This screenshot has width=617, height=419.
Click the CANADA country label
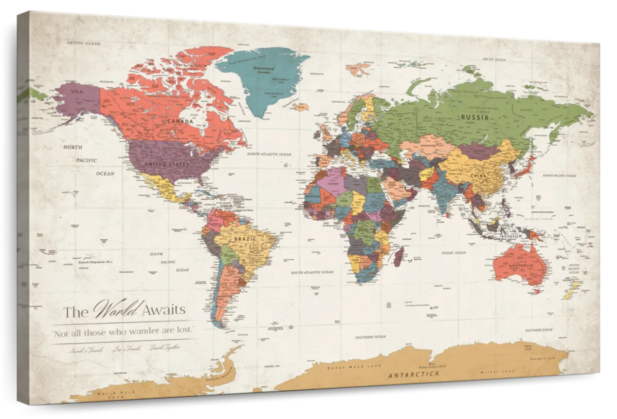pyautogui.click(x=180, y=122)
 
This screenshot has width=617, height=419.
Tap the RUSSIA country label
pyautogui.click(x=474, y=117)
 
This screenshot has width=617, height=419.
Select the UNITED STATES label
pyautogui.click(x=166, y=164)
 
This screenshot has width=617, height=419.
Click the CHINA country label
pyautogui.click(x=478, y=176)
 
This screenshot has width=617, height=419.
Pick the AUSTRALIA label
pyautogui.click(x=521, y=265)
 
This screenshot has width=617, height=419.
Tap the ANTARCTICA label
pyautogui.click(x=414, y=375)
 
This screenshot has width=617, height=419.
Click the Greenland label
pyautogui.click(x=264, y=69)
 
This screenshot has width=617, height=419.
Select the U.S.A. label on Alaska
pyautogui.click(x=76, y=91)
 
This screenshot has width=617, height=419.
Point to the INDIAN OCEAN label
pyautogui.click(x=453, y=253)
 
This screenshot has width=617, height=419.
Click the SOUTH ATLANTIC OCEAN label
pyautogui.click(x=312, y=272)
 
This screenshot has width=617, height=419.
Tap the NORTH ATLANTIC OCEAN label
pyautogui.click(x=269, y=154)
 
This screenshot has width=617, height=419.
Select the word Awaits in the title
pyautogui.click(x=164, y=310)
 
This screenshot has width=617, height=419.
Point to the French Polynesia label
pyautogui.click(x=95, y=262)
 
